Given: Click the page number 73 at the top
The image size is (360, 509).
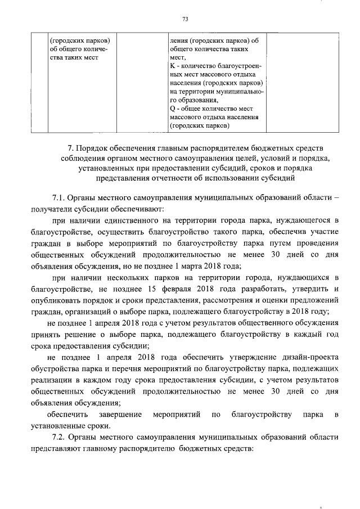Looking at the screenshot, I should point(184,20).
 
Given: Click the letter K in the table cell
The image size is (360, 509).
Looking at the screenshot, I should point(172,66).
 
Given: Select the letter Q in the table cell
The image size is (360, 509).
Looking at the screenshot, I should point(172,108).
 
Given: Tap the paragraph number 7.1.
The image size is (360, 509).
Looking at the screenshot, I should point(60,199).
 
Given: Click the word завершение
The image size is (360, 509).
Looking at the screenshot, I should point(118,415).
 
